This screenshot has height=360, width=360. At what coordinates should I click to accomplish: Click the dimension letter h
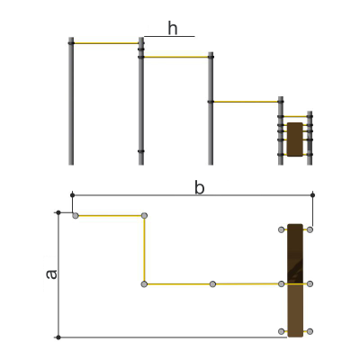pos(173,29)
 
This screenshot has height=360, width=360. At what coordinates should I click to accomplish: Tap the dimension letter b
pos(200,188)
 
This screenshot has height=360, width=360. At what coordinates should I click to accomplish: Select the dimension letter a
pos(51,274)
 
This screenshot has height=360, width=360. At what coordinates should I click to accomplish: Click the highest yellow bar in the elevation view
pos(106,43)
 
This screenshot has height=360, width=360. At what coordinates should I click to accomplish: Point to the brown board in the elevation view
pos(294,139)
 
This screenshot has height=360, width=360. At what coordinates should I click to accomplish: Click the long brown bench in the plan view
pos(295,281)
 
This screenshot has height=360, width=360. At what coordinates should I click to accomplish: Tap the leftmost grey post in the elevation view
pos(71,101)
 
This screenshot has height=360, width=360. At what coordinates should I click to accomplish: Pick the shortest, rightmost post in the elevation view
pos(310,138)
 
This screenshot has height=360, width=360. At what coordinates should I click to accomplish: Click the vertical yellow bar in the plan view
pos(144,249)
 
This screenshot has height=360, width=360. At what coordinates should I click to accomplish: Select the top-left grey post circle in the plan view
pos(76,216)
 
